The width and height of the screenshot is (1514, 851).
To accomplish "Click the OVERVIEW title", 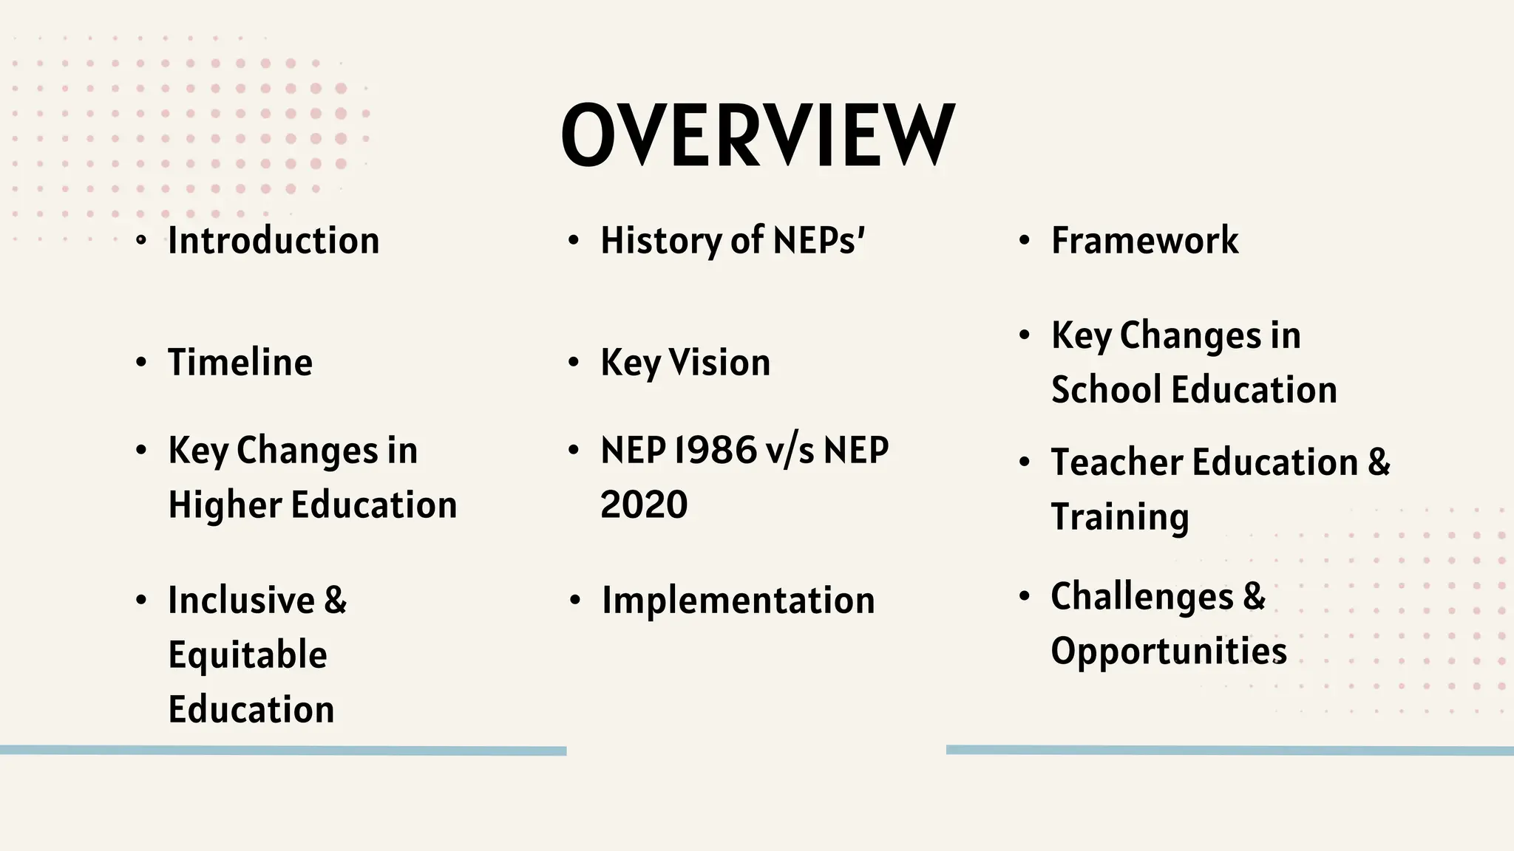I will [x=758, y=135].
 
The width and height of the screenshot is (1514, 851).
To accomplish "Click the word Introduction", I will [x=274, y=241].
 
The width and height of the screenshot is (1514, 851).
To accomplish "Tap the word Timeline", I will [x=240, y=363].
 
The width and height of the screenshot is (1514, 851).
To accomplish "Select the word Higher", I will [x=225, y=505].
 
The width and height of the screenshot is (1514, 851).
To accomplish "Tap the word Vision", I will [x=719, y=363].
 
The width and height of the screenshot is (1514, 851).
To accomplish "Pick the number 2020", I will [x=644, y=505].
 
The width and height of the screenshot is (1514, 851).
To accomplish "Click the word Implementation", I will [x=738, y=600].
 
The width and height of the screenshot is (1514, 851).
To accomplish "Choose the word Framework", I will [x=1144, y=241].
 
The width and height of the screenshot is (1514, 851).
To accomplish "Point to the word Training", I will [x=1120, y=517].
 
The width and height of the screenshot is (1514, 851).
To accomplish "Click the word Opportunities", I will [x=1169, y=652].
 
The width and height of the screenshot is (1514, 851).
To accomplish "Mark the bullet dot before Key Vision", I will [x=573, y=363].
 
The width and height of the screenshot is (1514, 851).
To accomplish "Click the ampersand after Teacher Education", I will [x=1379, y=462].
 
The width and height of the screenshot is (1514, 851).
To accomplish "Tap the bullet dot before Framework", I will [x=1024, y=241].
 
